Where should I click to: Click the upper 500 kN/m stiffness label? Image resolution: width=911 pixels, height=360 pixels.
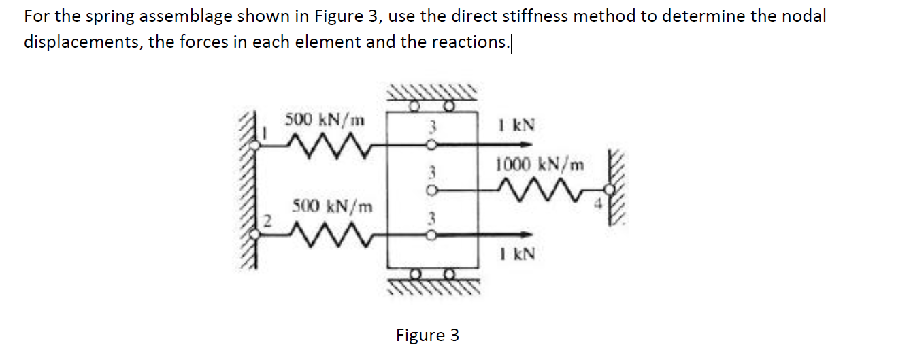click(325, 120)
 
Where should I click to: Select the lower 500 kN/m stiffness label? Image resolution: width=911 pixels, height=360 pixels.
click(332, 206)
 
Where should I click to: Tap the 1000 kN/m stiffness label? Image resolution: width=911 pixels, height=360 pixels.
click(540, 165)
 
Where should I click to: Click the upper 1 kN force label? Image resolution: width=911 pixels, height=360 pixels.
click(517, 125)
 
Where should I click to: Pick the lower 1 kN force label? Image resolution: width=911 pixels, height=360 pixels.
click(518, 255)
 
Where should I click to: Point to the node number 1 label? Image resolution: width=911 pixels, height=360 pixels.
click(265, 132)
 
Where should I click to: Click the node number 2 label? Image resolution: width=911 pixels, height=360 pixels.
click(267, 221)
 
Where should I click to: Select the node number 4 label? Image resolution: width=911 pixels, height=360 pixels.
click(598, 203)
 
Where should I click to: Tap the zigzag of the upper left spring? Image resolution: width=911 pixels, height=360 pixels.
click(329, 146)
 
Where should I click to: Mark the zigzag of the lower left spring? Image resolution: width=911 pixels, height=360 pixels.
click(332, 234)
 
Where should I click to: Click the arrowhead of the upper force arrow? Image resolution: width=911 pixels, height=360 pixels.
click(527, 144)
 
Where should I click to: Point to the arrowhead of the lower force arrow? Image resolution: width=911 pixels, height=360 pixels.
click(527, 234)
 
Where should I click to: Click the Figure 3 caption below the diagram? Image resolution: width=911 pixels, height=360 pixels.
click(427, 336)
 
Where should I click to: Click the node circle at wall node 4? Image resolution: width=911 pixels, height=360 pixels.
click(609, 189)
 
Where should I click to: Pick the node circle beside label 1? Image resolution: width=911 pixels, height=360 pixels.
click(254, 145)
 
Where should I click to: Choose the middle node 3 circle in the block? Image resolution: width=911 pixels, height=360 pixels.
click(432, 190)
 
